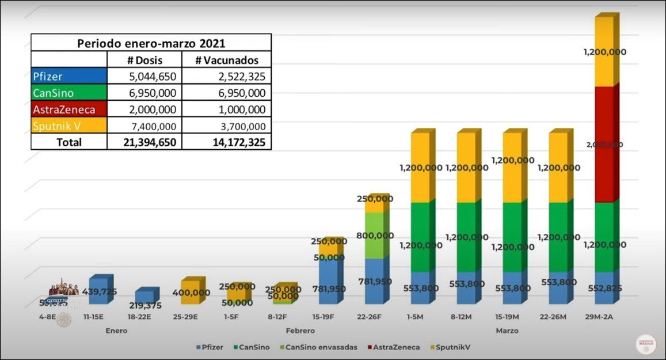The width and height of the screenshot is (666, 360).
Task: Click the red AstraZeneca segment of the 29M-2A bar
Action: pos(603,144)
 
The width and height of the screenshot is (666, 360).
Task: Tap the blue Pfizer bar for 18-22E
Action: pos(144,296)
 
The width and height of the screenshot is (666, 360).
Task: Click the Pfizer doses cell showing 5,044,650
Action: pos(144,76)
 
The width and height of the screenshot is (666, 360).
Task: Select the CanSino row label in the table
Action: pos(69,93)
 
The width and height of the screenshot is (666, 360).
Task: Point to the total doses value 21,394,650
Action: pos(144,142)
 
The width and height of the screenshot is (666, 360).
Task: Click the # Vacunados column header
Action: pos(226,60)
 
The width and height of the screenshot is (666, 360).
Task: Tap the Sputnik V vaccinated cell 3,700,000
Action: pos(226,126)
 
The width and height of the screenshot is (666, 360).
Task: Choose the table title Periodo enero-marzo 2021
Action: pos(151,43)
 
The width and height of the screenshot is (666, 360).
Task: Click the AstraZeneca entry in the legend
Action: pos(396,347)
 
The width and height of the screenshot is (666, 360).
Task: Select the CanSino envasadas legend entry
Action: pos(321,347)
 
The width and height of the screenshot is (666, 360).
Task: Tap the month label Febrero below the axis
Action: pos(300,331)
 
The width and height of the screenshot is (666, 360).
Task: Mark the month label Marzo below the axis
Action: pos(507,331)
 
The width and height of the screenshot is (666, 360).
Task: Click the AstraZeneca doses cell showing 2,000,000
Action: pos(144,109)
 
